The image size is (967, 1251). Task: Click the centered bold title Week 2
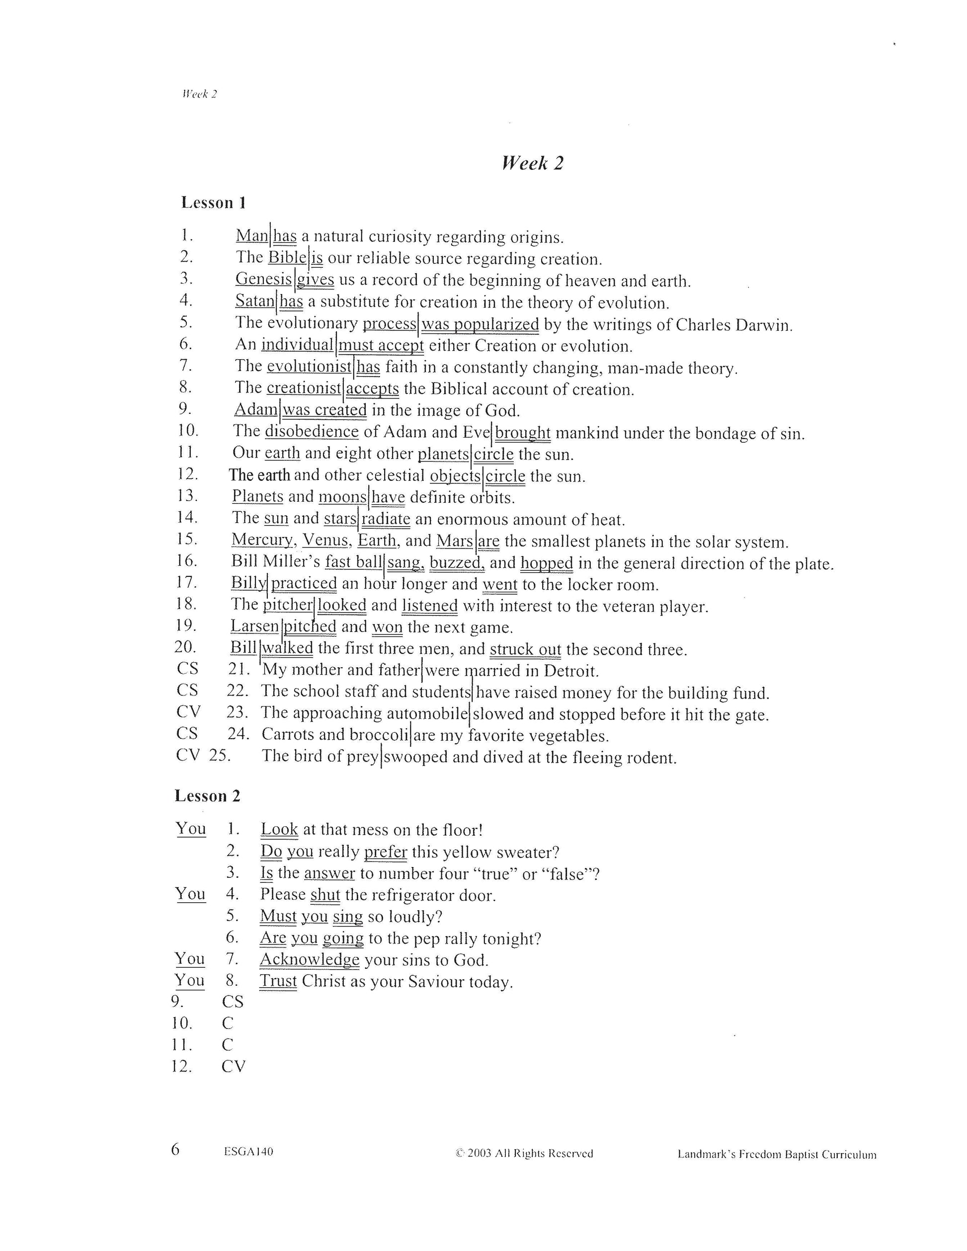click(532, 163)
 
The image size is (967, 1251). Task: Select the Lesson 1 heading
click(213, 203)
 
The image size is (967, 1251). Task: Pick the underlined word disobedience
click(312, 431)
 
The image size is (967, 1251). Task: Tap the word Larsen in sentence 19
click(254, 626)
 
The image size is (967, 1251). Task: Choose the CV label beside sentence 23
click(188, 712)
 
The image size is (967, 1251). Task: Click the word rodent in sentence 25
click(654, 758)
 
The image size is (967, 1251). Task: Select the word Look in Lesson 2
click(279, 829)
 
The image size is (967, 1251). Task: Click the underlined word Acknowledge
click(310, 959)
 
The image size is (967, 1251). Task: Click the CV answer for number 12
click(233, 1067)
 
